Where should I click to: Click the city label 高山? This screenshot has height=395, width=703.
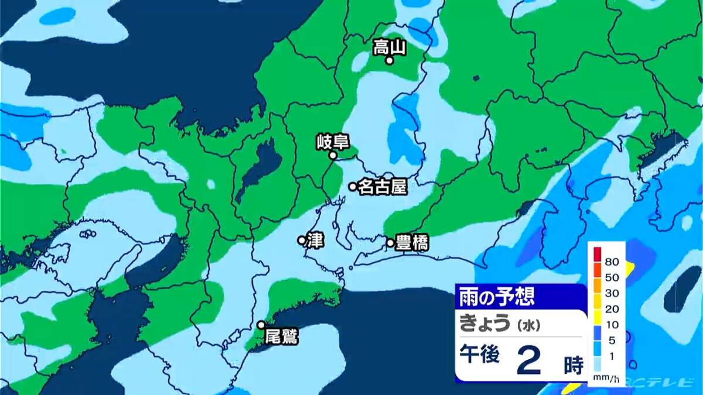[390, 47]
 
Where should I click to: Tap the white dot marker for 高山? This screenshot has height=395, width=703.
[389, 60]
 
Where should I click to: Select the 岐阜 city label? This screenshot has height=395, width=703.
[333, 142]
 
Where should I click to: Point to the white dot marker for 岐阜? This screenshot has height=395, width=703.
[333, 156]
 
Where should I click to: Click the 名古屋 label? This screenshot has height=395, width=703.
[382, 187]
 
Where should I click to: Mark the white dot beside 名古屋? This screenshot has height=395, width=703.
[353, 187]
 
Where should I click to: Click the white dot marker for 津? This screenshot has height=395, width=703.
[302, 240]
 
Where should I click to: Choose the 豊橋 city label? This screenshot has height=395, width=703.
[412, 243]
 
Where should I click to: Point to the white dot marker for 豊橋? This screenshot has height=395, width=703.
[390, 242]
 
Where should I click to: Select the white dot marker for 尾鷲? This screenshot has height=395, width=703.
[261, 325]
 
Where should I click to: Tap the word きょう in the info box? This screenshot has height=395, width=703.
[484, 323]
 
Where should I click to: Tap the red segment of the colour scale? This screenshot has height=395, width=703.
[597, 253]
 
